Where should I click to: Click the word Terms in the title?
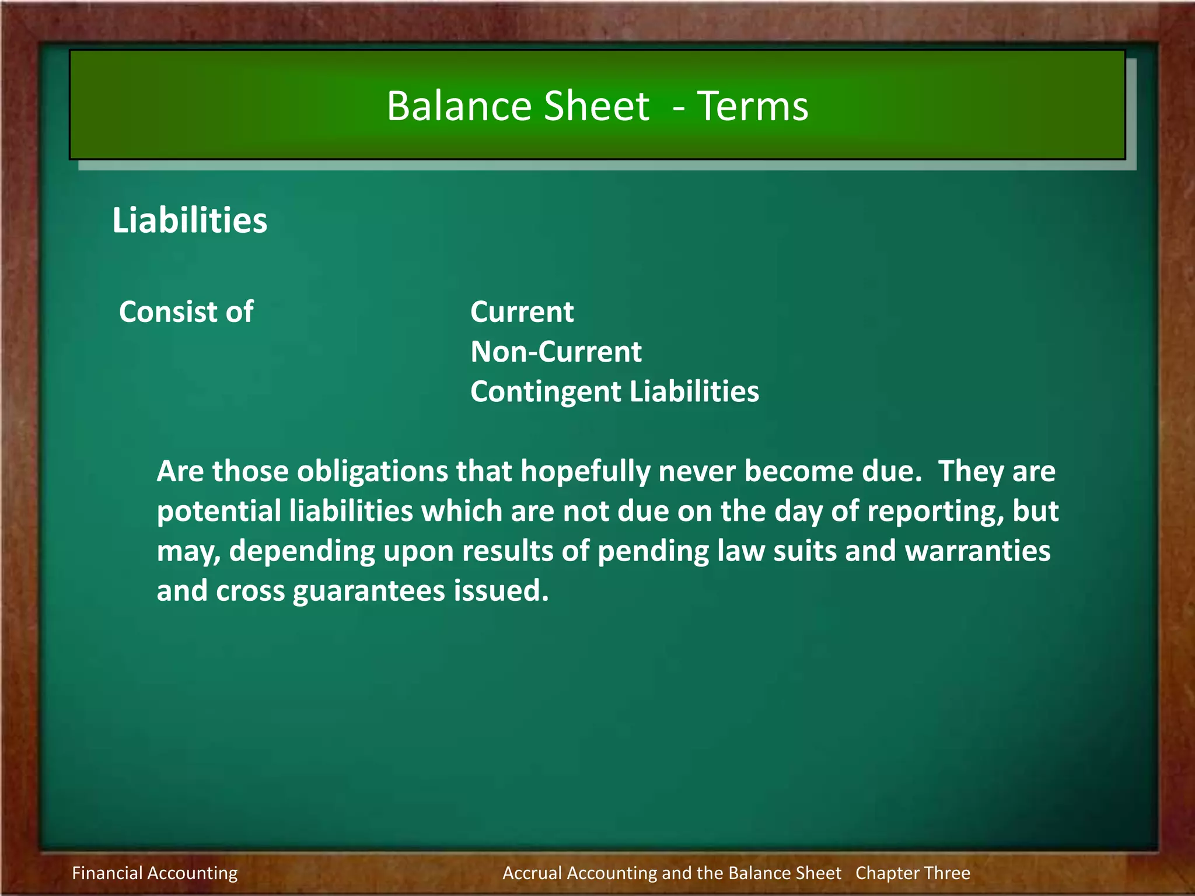coord(753,106)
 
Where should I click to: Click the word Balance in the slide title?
coord(459,106)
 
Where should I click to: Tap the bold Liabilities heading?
coord(190,220)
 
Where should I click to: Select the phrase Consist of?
coord(186,311)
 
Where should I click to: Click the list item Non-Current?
coord(556,352)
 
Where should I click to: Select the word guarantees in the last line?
coord(369,591)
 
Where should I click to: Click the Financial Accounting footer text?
coord(155,873)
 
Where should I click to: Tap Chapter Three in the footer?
coord(913,873)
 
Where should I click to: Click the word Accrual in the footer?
coord(532,873)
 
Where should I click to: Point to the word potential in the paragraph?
coord(219,511)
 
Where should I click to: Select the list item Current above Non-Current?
coord(522,312)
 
